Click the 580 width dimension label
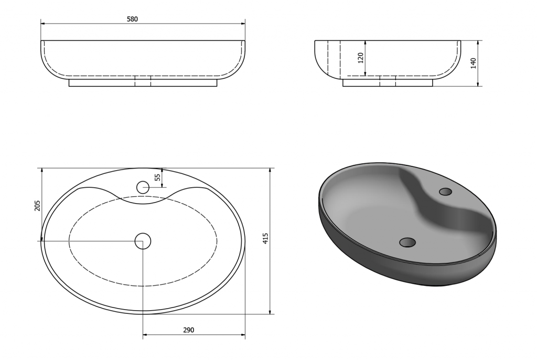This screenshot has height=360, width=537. point(132,19)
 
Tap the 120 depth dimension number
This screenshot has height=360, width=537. point(360,58)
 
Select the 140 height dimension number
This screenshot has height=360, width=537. point(474,63)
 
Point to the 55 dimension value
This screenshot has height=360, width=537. point(157,177)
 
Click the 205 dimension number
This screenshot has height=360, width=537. point(37,206)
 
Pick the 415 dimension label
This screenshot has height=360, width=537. point(265,238)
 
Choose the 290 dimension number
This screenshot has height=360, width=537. point(188,330)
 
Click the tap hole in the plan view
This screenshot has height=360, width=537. point(143,187)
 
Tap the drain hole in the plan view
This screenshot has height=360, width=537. point(143,241)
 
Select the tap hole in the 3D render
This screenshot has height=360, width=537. point(446,192)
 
